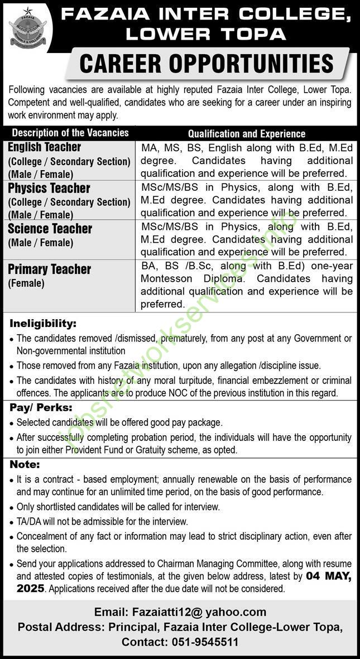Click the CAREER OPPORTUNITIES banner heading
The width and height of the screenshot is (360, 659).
coord(207,64)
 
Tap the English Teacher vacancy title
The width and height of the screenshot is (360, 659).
coord(45,147)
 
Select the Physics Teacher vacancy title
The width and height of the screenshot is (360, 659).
coord(49,188)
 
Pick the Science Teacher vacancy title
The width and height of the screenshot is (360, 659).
coord(50,229)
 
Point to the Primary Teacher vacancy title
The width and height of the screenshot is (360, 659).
coord(50,270)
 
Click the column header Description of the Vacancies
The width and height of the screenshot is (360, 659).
coord(70,133)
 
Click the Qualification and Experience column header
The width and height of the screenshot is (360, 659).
coord(247,133)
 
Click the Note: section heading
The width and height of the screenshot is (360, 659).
coord(23,464)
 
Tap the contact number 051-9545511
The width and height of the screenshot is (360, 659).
coord(207,642)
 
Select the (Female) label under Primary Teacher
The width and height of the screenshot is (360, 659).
coord(26,283)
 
